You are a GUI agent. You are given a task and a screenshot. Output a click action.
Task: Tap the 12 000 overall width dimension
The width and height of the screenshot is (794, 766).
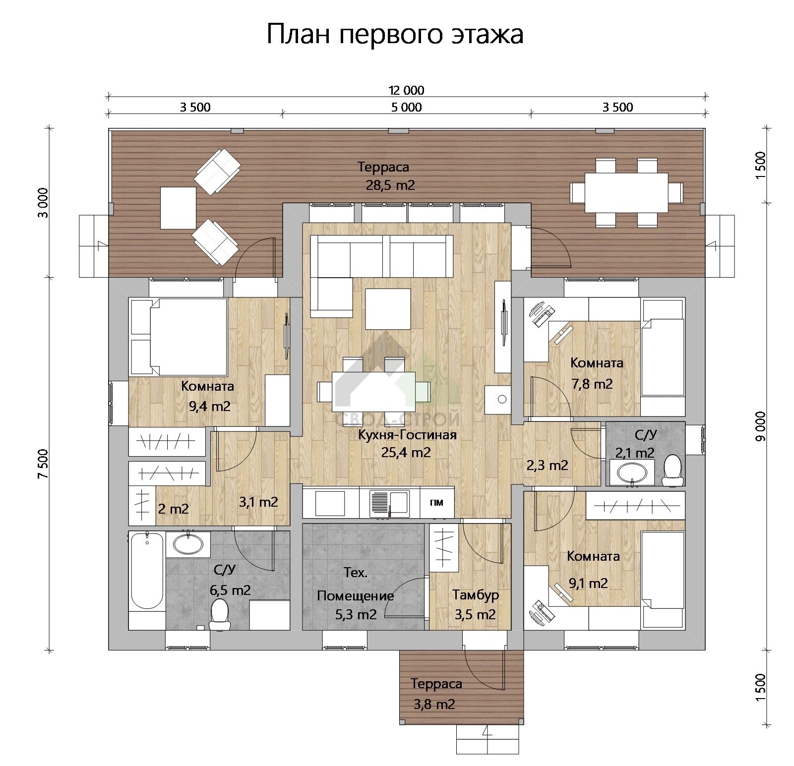[x=406, y=90]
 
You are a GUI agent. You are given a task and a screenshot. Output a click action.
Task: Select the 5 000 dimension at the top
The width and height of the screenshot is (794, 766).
[x=406, y=107]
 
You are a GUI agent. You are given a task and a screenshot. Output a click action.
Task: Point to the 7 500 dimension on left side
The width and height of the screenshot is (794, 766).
[x=44, y=463]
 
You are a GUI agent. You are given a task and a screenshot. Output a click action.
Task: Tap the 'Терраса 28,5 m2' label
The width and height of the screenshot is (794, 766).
[x=384, y=176]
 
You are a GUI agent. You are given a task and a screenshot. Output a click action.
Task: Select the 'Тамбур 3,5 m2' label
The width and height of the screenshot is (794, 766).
[x=476, y=604]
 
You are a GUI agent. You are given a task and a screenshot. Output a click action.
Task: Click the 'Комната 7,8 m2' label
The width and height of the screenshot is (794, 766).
[x=596, y=373]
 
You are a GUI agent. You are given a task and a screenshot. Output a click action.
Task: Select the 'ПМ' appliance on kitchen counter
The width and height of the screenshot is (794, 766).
[x=437, y=503]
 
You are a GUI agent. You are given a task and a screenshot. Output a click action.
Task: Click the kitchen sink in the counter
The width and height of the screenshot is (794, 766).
[x=388, y=503]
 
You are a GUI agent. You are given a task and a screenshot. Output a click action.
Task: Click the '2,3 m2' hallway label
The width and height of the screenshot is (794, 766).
[x=547, y=466]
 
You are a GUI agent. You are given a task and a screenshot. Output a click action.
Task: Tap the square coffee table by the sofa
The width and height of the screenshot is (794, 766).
[x=388, y=309]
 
